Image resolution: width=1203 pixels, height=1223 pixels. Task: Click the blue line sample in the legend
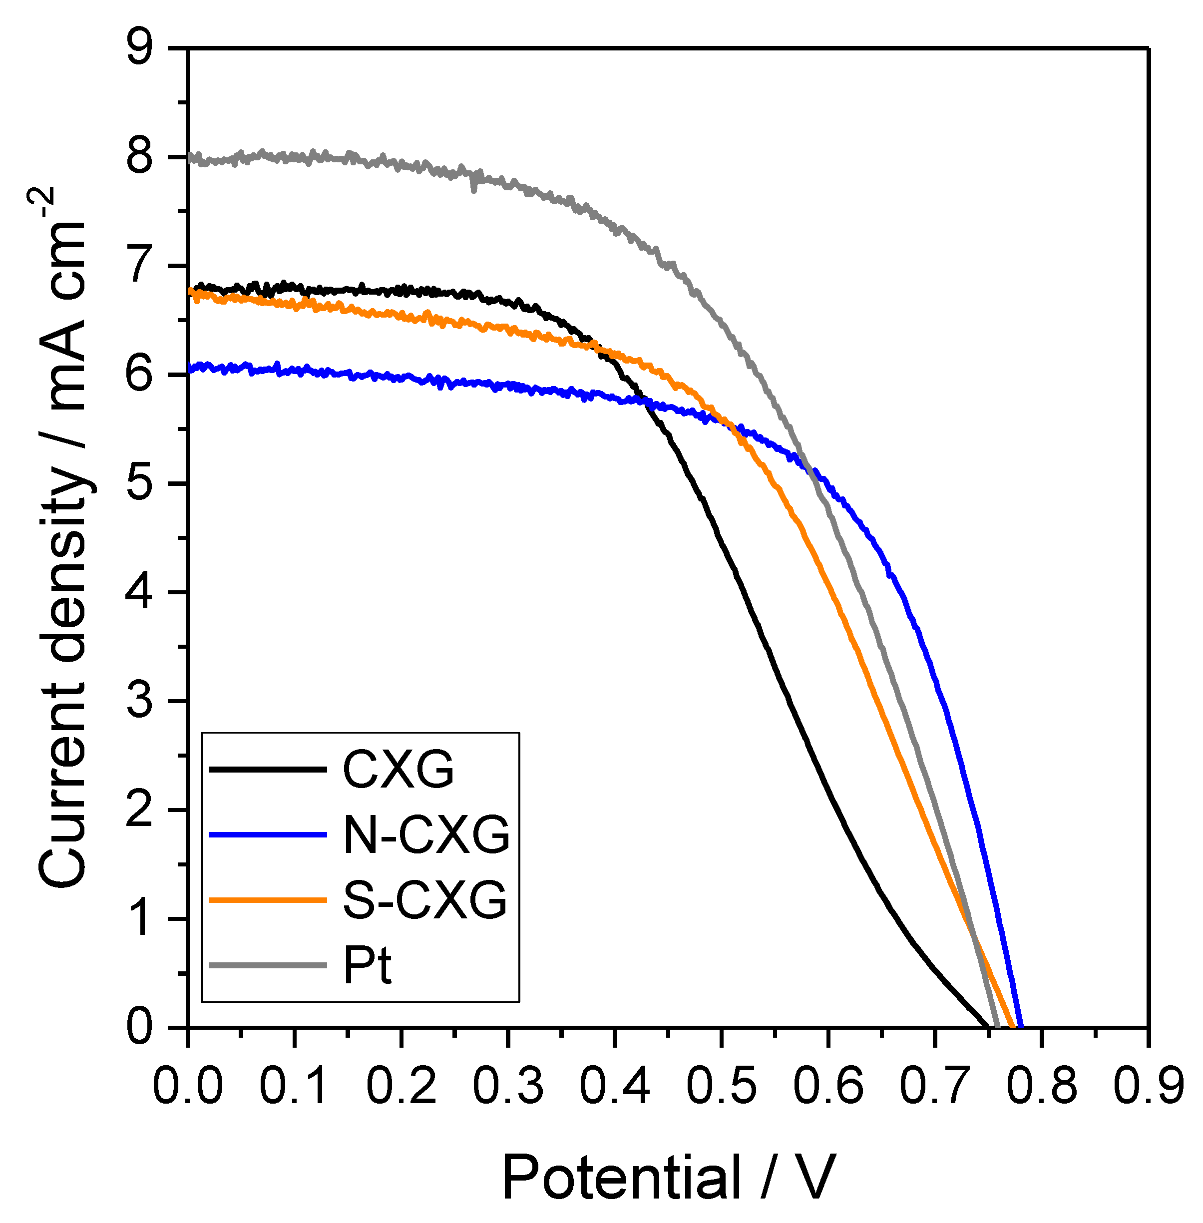[x=267, y=835]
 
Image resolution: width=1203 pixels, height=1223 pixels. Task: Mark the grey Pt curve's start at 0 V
[x=190, y=157]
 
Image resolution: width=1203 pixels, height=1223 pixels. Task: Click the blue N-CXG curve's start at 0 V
[x=190, y=369]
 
